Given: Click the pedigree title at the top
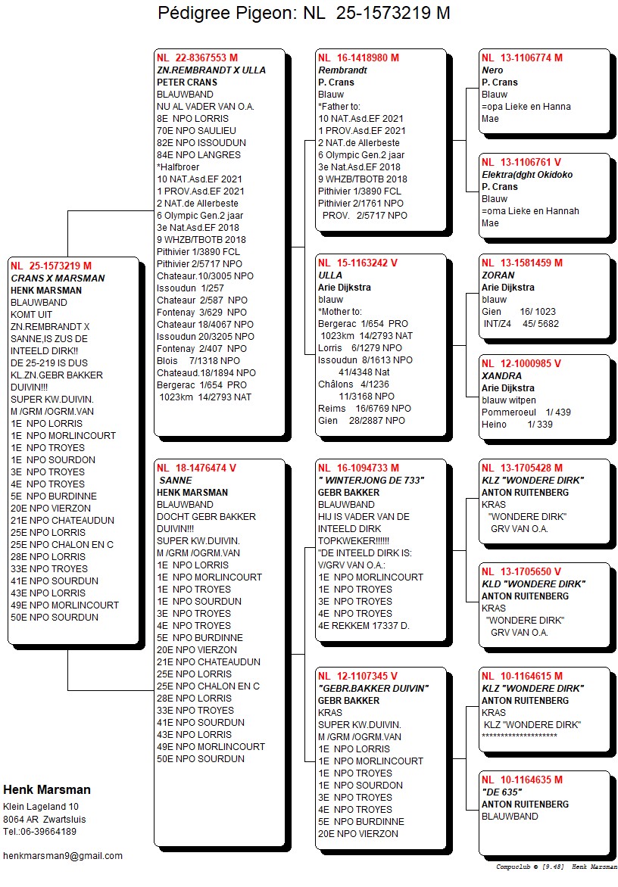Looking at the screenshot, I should tap(304, 13).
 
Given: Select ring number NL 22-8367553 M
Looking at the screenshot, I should tap(197, 58).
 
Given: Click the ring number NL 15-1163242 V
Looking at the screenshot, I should tap(357, 263).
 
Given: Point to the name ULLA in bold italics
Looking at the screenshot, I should tap(330, 275).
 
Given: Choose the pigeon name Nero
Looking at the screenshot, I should tap(492, 70).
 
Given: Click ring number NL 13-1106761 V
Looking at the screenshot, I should tap(521, 162).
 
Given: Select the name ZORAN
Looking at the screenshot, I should tap(498, 275).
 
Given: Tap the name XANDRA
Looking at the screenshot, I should tap(501, 376).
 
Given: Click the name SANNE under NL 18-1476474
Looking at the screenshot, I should tap(176, 481).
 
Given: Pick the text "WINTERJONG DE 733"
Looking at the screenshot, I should tap(371, 481).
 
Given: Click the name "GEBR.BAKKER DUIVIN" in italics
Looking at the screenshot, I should tap(373, 689).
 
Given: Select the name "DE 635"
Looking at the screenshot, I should tap(502, 792).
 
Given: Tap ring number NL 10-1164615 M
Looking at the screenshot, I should tap(522, 676).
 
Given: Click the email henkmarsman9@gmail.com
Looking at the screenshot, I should tap(63, 856).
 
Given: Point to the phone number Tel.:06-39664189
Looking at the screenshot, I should tap(39, 832).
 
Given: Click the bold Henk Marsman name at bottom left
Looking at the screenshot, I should tap(47, 790).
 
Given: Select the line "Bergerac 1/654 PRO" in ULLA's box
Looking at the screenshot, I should tap(363, 324).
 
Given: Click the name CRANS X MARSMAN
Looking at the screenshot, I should tap(58, 279).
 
